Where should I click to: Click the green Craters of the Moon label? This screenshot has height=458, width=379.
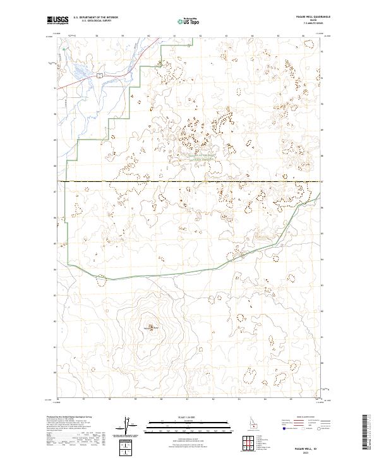tap(203, 157)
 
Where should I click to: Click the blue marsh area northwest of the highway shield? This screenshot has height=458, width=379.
tap(79, 68)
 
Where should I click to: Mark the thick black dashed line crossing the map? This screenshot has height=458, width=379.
tap(189, 181)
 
